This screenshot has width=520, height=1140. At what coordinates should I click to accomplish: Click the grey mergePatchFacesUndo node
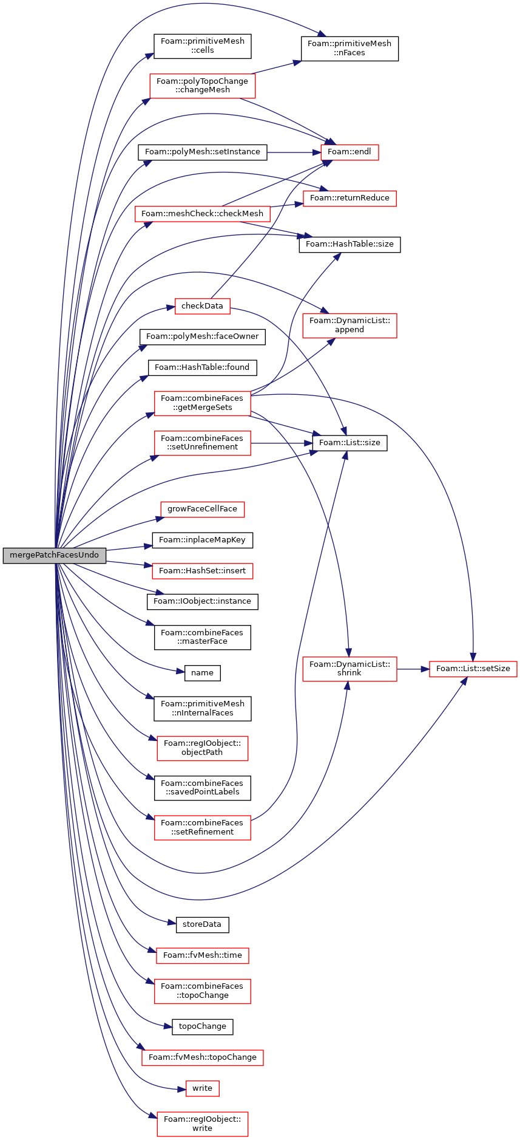click(x=55, y=555)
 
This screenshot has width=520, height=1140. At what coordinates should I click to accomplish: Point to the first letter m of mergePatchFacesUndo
click(x=13, y=555)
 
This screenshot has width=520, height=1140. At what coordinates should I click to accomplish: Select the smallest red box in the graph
click(x=202, y=1088)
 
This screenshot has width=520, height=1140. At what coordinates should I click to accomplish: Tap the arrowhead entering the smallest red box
click(x=182, y=1090)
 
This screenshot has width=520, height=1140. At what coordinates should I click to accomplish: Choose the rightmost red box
click(x=473, y=669)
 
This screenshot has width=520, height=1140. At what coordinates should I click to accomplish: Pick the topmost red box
click(x=202, y=86)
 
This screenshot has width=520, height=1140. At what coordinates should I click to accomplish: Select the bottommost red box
click(x=202, y=1124)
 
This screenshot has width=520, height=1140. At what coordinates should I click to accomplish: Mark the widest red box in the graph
click(x=202, y=214)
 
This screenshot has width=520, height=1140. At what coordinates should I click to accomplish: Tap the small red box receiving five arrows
click(x=349, y=152)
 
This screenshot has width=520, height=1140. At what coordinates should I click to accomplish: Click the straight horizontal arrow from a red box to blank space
click(x=282, y=443)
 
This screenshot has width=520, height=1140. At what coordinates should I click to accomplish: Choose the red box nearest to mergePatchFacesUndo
click(x=202, y=571)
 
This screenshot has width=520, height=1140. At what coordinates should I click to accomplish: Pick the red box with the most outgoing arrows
click(x=202, y=403)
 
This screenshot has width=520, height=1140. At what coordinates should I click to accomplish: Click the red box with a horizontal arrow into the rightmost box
click(x=349, y=669)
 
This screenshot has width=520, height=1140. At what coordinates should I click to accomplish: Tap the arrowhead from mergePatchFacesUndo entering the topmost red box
click(x=146, y=100)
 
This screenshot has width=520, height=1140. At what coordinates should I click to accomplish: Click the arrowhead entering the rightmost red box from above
click(x=473, y=657)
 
